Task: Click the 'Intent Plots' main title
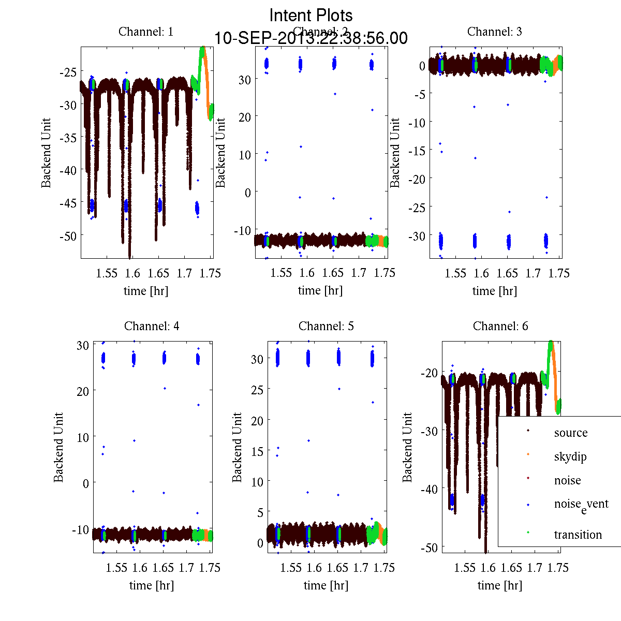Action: pos(311,15)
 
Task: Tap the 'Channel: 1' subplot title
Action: pos(146,32)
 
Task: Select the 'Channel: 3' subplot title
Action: pos(494,32)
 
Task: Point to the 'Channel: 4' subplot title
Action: pos(152,326)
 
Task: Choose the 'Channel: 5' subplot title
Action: pos(326,326)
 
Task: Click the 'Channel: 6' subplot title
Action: pos(500,326)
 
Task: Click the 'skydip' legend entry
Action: pos(570,456)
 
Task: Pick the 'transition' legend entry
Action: pos(578,535)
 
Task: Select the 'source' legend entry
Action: pos(570,433)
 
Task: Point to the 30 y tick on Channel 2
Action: pos(244,79)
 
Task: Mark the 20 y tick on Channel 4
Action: pos(82,391)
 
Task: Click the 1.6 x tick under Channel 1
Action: pos(132,273)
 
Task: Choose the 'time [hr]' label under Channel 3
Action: pos(494,291)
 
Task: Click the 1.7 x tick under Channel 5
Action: pos(361,568)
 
